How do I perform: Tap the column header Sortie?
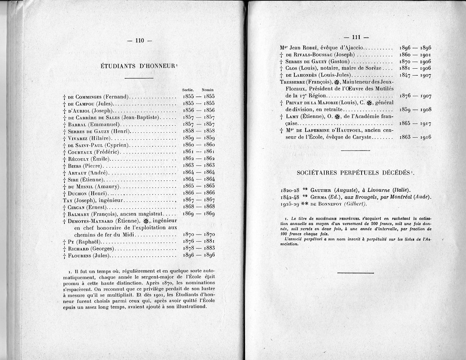click(188, 90)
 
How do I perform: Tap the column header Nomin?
click(207, 90)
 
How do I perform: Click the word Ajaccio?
click(351, 48)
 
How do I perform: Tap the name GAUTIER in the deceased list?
click(322, 190)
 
